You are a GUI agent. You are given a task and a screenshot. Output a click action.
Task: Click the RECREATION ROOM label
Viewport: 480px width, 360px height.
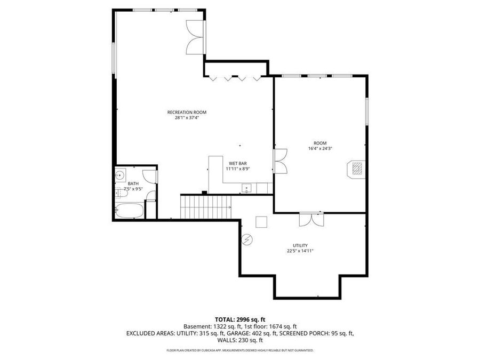(x=187, y=112)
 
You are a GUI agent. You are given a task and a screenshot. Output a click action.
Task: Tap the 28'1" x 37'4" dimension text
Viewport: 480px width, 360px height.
(x=187, y=118)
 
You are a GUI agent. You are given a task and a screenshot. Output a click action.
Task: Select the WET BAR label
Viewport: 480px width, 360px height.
(x=238, y=163)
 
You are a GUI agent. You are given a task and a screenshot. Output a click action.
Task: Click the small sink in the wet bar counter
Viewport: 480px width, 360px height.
(x=246, y=187)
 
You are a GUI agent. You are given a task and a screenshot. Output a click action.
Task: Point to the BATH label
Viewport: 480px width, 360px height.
(x=133, y=183)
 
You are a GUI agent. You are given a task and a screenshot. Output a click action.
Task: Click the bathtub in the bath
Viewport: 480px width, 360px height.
(x=130, y=211)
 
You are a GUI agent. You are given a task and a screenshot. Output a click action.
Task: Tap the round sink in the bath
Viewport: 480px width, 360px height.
(x=121, y=174)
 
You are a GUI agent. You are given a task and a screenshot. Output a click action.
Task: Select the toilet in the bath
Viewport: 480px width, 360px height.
(x=151, y=196)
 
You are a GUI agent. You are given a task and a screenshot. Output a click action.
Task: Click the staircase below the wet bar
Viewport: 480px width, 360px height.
(x=206, y=207)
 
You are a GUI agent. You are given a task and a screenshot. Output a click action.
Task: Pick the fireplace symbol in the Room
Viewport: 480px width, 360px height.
(x=356, y=169)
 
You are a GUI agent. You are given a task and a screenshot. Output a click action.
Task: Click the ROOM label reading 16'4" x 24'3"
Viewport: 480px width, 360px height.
(x=320, y=146)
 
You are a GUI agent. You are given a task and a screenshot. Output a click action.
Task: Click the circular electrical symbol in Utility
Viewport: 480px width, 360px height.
(x=246, y=239)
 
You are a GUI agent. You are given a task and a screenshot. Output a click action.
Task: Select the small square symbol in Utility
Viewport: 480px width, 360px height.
(x=261, y=221)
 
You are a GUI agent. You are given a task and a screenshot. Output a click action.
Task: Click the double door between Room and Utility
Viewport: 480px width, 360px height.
(x=311, y=219)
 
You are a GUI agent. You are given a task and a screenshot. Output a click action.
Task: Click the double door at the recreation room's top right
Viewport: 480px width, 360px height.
(x=196, y=37)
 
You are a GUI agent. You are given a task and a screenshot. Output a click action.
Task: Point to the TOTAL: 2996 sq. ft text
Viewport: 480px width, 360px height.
(x=240, y=319)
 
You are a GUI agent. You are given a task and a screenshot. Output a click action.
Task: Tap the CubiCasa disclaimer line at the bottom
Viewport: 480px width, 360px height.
(x=240, y=350)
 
